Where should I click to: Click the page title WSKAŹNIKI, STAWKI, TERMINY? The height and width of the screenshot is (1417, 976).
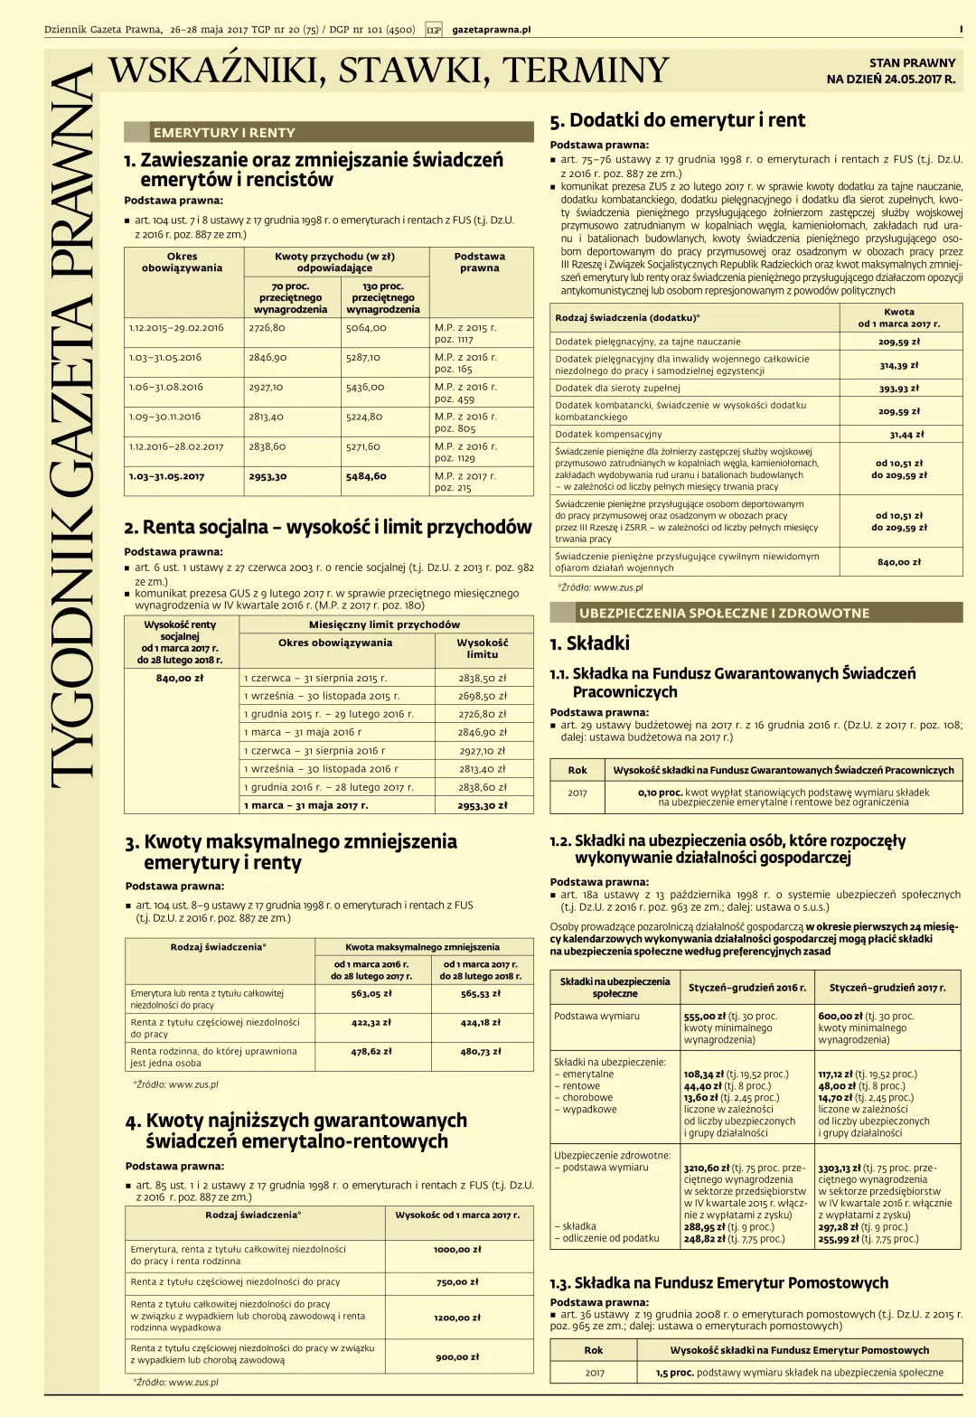tap(389, 70)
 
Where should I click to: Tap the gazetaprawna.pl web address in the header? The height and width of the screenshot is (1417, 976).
tap(491, 30)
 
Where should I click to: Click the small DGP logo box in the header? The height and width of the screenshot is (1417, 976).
tap(434, 30)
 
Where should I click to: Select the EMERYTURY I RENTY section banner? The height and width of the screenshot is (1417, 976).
tap(224, 133)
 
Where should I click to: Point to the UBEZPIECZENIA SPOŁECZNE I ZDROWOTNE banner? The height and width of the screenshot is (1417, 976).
tap(725, 613)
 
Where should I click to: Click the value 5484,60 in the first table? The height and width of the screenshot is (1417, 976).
tap(366, 476)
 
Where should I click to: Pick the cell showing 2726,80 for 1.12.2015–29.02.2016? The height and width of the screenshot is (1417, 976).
tap(267, 328)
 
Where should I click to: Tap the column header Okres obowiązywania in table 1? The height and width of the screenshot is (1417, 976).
tap(183, 262)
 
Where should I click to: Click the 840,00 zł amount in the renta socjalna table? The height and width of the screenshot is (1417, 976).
tap(180, 678)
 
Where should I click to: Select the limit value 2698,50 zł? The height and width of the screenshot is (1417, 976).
tap(483, 697)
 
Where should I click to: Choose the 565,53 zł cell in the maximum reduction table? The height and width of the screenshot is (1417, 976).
tap(480, 993)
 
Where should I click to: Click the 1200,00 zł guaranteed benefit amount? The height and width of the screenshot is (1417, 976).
tap(456, 1318)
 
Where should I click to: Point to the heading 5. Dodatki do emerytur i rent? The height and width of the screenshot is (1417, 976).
tap(678, 120)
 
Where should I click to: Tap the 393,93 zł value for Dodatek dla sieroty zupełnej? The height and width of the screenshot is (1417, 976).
tap(898, 389)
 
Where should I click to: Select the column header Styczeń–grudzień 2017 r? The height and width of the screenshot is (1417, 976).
tap(887, 988)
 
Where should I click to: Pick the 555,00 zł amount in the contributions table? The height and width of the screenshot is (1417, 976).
tap(701, 1016)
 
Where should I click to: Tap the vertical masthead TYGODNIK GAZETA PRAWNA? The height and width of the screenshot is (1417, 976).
tap(72, 425)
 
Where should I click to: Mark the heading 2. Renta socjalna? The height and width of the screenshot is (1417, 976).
tap(328, 527)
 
